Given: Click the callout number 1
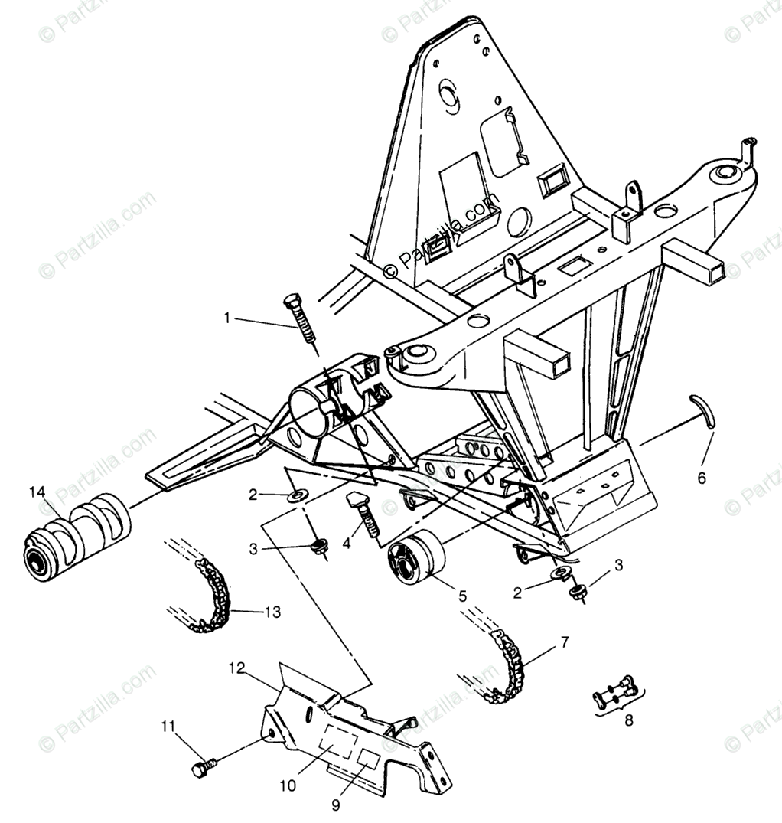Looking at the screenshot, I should click(226, 317).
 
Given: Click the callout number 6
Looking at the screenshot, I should click(702, 478).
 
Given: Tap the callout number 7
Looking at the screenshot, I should click(564, 642).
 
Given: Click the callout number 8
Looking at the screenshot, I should click(629, 720).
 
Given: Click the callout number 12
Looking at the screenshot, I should click(236, 667).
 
